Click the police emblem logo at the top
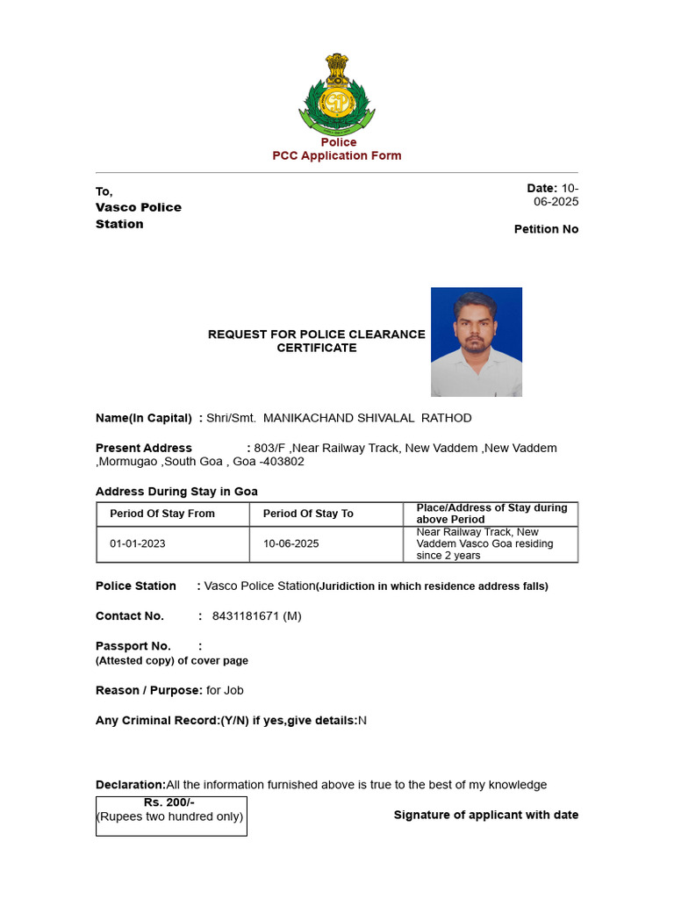(337, 92)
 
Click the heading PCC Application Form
(337, 155)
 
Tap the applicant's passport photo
(476, 342)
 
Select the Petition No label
(546, 229)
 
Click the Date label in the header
(541, 188)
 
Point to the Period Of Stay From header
(162, 514)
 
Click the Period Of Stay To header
(308, 514)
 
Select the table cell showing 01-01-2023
(138, 543)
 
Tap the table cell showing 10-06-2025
(291, 543)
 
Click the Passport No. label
(133, 645)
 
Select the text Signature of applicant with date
(486, 815)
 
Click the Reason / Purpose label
(149, 690)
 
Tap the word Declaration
(130, 784)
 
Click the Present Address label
(144, 448)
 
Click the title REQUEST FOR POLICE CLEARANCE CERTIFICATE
(317, 341)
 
